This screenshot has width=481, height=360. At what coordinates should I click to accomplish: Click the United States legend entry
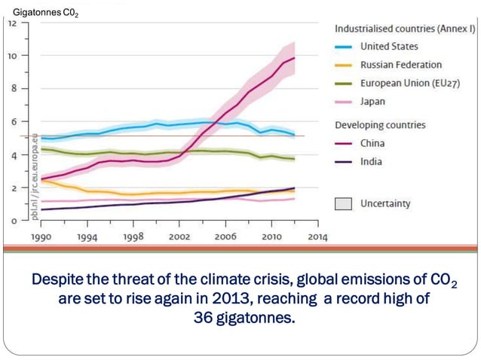389,47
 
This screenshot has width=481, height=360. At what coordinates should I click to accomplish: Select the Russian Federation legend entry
400,66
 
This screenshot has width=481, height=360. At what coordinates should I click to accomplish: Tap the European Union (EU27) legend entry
406,84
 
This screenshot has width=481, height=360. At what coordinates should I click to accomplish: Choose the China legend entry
372,142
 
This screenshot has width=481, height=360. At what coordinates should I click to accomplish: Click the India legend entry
371,161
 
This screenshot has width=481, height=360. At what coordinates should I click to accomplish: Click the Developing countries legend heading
380,124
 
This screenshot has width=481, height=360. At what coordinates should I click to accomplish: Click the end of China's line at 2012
294,58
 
